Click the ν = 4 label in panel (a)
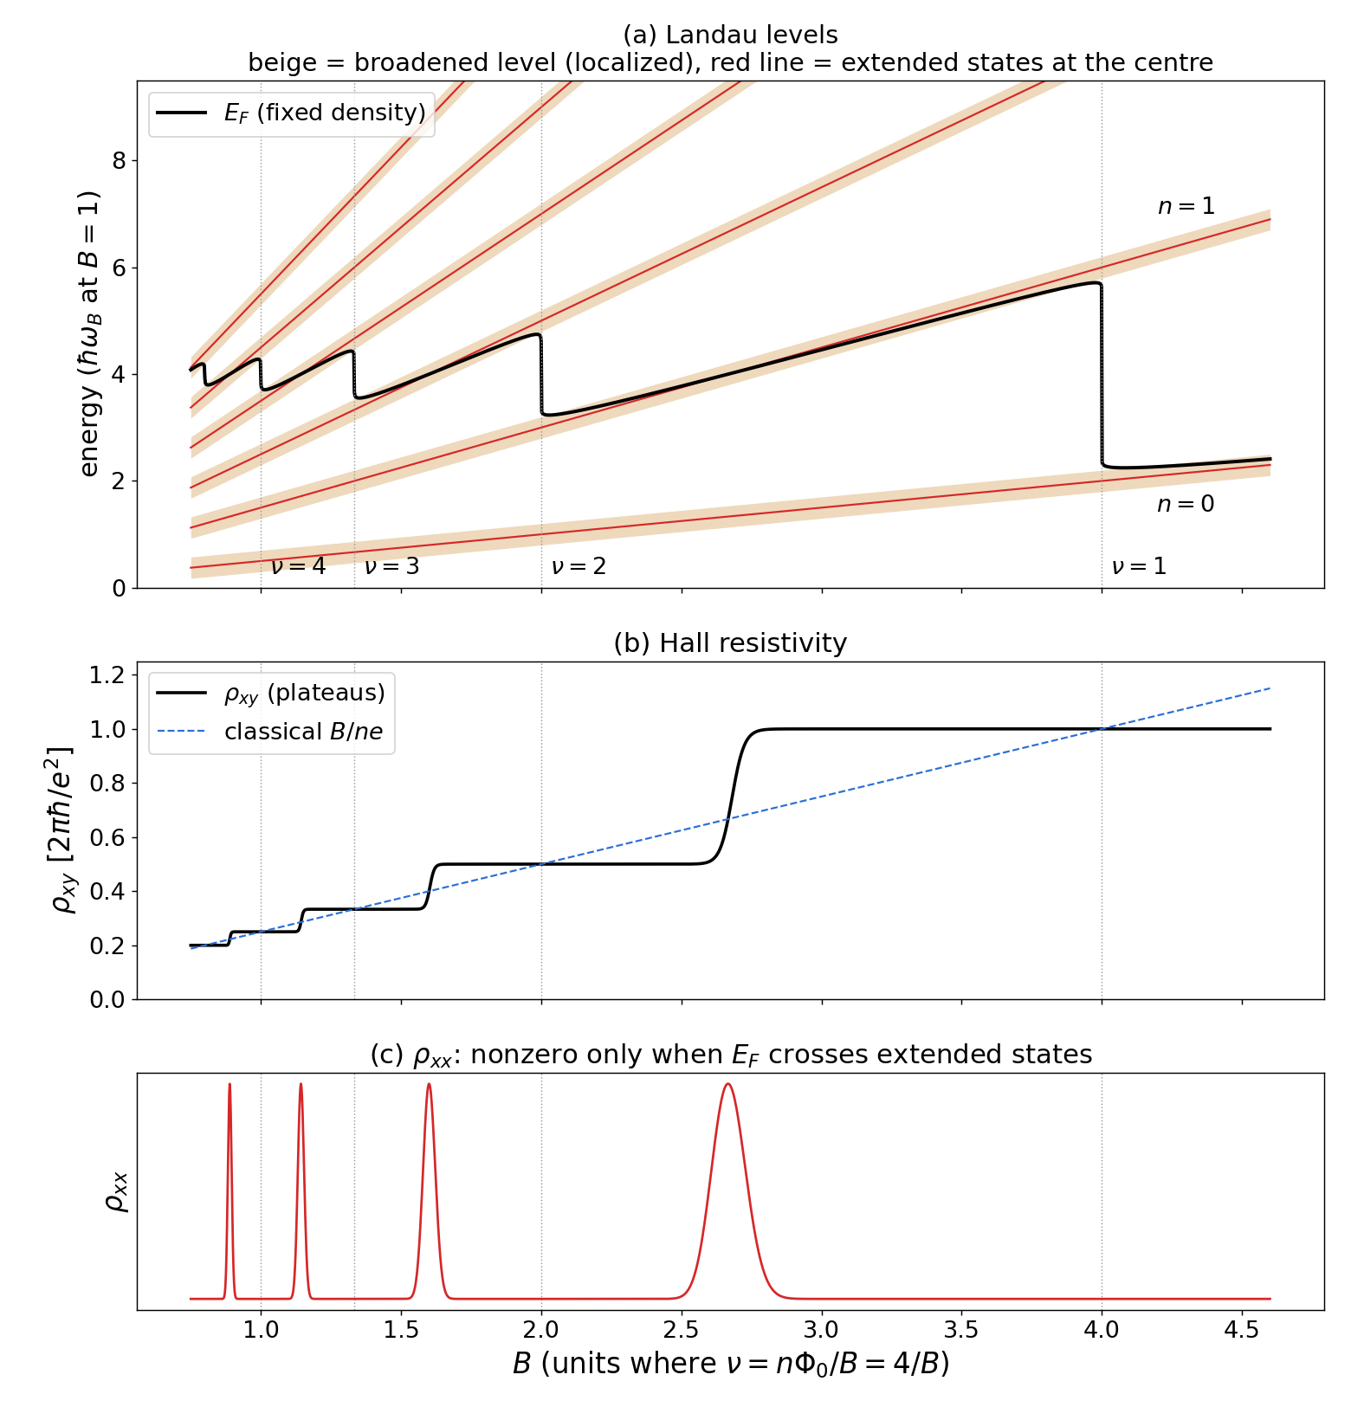[299, 566]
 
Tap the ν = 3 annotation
[392, 566]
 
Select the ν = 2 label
[579, 566]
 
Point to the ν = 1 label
[1140, 566]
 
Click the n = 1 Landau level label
[1186, 206]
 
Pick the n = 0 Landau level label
[1186, 504]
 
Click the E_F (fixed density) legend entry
[292, 113]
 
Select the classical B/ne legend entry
[270, 732]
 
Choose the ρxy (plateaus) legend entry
[270, 693]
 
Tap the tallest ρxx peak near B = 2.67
[727, 1084]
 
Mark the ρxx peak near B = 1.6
[429, 1085]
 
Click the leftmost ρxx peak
[229, 1085]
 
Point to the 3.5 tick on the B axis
[961, 1329]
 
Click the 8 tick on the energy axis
[120, 161]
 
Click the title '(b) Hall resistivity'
[730, 643]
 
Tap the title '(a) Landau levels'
[730, 35]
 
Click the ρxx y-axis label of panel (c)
[116, 1191]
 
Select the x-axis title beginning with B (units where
[731, 1364]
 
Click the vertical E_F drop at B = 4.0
[1102, 375]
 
